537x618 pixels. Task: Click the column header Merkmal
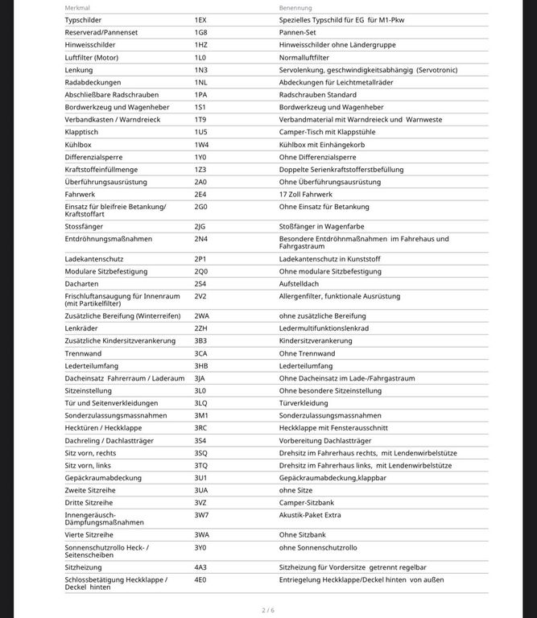(x=77, y=7)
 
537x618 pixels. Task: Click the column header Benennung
(x=295, y=7)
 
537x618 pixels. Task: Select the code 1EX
(x=200, y=19)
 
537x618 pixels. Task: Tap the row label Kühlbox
(x=78, y=145)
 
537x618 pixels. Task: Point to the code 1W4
(x=201, y=145)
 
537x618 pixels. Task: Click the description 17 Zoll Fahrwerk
(x=306, y=195)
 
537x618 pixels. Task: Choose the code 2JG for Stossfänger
(x=200, y=227)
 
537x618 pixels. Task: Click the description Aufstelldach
(x=299, y=284)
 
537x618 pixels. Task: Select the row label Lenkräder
(x=81, y=328)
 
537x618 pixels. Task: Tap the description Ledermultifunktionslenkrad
(x=324, y=328)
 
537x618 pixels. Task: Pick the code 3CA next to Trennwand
(x=200, y=353)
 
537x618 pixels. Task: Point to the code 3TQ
(x=200, y=465)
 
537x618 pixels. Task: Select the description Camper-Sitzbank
(x=307, y=502)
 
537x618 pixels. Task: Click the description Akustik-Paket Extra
(x=310, y=515)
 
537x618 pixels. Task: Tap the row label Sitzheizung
(x=83, y=567)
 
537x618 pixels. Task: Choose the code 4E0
(x=200, y=579)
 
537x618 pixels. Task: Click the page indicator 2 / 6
(x=268, y=610)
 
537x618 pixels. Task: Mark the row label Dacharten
(x=81, y=284)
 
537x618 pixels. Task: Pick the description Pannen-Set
(x=299, y=32)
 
